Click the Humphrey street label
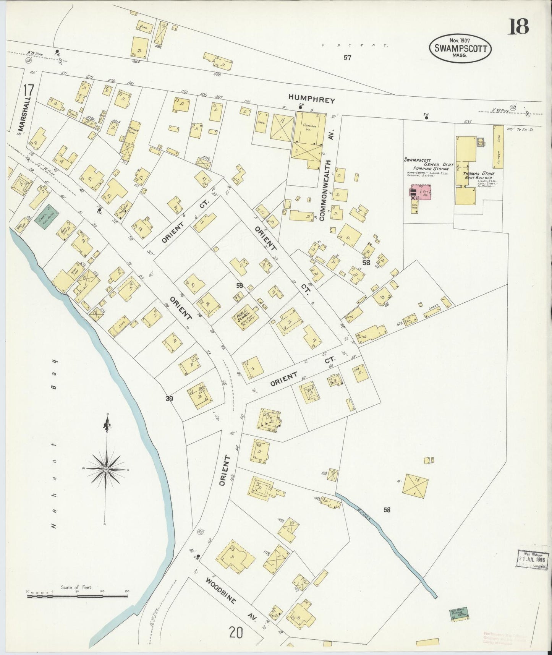pyautogui.click(x=312, y=101)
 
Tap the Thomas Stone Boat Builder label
pyautogui.click(x=479, y=175)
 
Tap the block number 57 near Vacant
pyautogui.click(x=347, y=58)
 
